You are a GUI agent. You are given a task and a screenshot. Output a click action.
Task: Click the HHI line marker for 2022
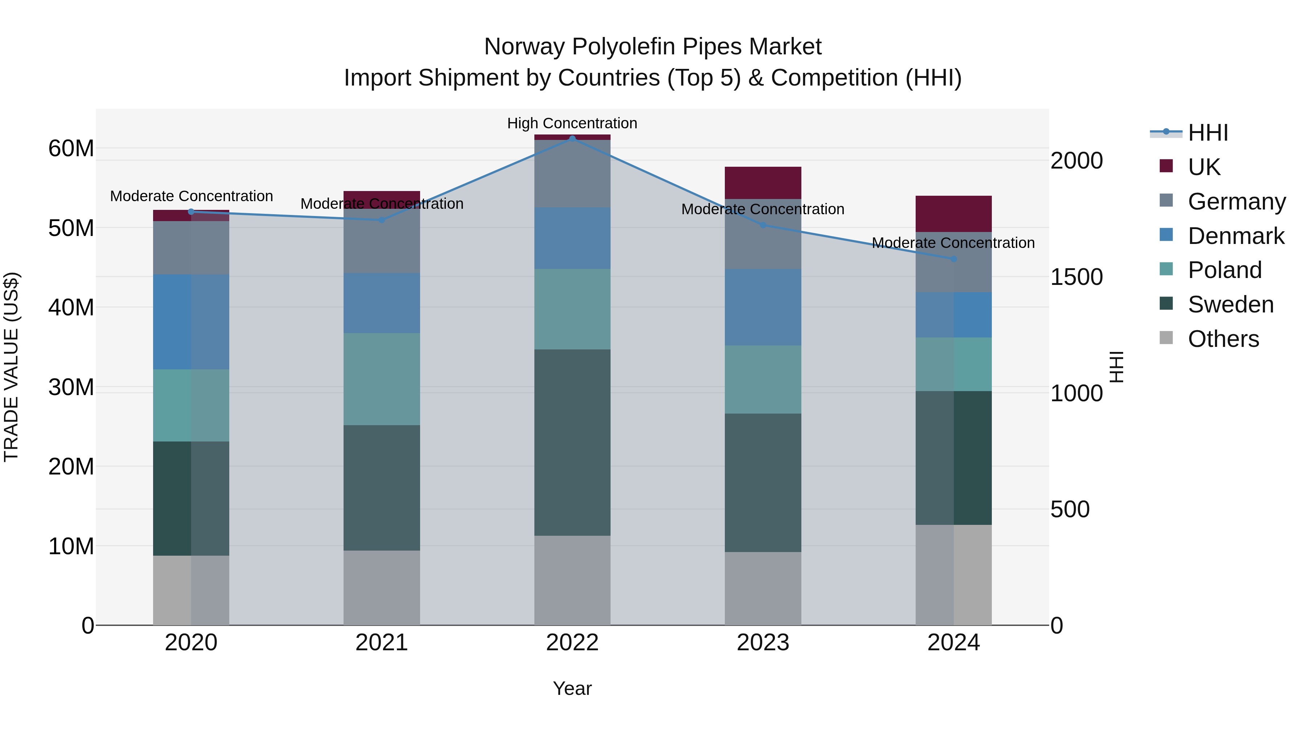pos(572,138)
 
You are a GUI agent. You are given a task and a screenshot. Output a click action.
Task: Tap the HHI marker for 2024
pos(954,259)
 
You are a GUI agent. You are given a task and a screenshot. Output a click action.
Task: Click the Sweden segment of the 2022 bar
pos(572,442)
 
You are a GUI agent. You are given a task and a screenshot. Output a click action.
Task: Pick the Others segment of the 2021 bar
pos(382,588)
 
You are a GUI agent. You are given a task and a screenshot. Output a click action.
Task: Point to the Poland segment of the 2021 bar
pos(382,379)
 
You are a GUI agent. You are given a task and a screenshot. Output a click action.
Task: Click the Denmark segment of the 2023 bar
pos(763,307)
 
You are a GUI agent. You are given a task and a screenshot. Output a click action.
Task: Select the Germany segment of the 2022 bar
pos(572,174)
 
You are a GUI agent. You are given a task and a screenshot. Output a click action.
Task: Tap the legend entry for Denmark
pos(1236,236)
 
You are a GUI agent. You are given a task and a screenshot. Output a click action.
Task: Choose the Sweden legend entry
pos(1231,304)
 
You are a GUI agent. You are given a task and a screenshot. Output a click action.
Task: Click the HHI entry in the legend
pos(1208,133)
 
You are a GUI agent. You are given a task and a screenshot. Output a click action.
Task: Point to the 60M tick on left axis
pos(71,148)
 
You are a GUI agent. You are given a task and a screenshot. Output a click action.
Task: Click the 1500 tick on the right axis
pos(1076,277)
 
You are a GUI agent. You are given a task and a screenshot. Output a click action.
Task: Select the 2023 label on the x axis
pos(763,643)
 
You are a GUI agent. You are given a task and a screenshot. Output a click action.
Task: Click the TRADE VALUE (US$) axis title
pos(11,367)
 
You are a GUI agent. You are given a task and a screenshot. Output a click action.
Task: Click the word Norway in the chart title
pos(524,47)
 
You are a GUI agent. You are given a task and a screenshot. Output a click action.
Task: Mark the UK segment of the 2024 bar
pos(954,214)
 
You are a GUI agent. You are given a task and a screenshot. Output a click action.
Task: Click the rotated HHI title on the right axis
pos(1117,367)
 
